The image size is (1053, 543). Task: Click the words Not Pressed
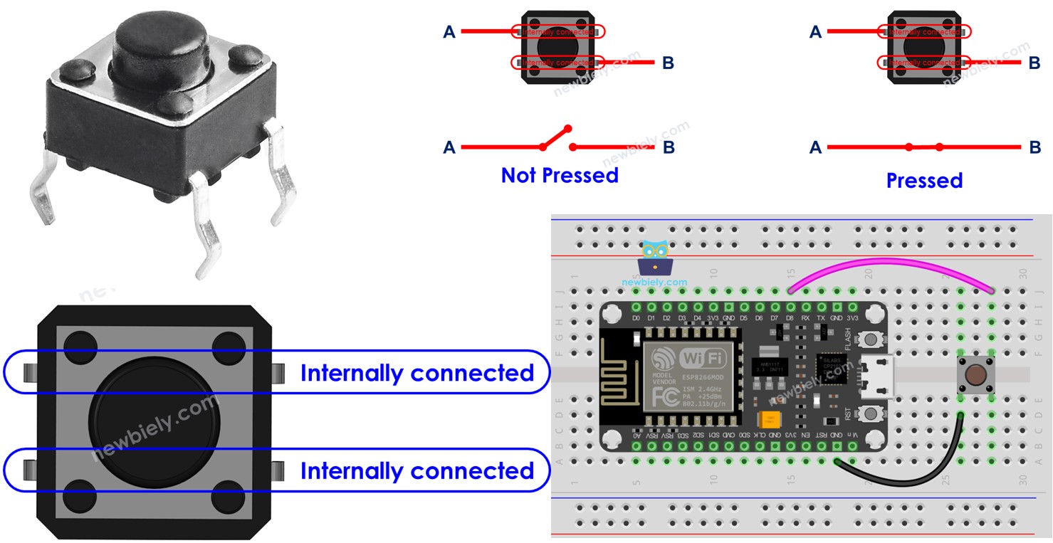[560, 175]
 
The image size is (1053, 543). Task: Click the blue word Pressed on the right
[924, 181]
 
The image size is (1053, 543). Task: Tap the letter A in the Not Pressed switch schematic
[449, 147]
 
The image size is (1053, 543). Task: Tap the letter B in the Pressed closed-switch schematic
[1034, 147]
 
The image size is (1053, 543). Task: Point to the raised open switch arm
[556, 137]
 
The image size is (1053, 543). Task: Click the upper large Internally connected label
[417, 373]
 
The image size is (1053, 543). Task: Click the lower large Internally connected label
[417, 470]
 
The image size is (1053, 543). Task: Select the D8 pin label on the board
[790, 317]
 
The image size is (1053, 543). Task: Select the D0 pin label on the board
[636, 317]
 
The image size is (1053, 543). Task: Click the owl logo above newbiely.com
[654, 258]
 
